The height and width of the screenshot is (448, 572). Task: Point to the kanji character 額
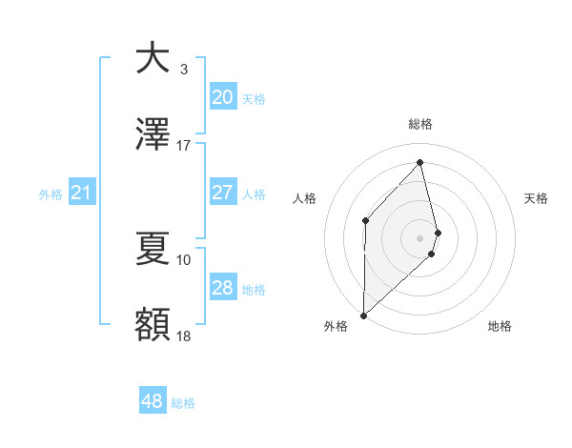(152, 325)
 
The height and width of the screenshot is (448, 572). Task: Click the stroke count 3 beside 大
(184, 69)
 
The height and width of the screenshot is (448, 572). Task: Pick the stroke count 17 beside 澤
(184, 147)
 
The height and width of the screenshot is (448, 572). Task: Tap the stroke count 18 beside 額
(184, 336)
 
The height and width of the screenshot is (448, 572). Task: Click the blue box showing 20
(222, 96)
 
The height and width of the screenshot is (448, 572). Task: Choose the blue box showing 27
(222, 193)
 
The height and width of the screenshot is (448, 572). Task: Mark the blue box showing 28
(222, 288)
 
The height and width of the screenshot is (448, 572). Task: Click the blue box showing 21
(82, 193)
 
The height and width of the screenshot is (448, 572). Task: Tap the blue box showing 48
(152, 402)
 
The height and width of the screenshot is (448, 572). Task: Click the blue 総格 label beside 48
(183, 403)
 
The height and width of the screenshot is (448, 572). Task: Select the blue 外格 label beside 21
(51, 194)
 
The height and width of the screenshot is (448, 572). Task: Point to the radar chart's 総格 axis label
(420, 125)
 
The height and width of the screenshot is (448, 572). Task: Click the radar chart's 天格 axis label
(537, 198)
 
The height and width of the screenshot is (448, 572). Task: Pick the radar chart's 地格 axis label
(500, 327)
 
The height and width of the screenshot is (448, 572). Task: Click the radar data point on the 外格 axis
(363, 315)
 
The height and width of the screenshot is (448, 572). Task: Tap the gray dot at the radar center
(420, 237)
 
